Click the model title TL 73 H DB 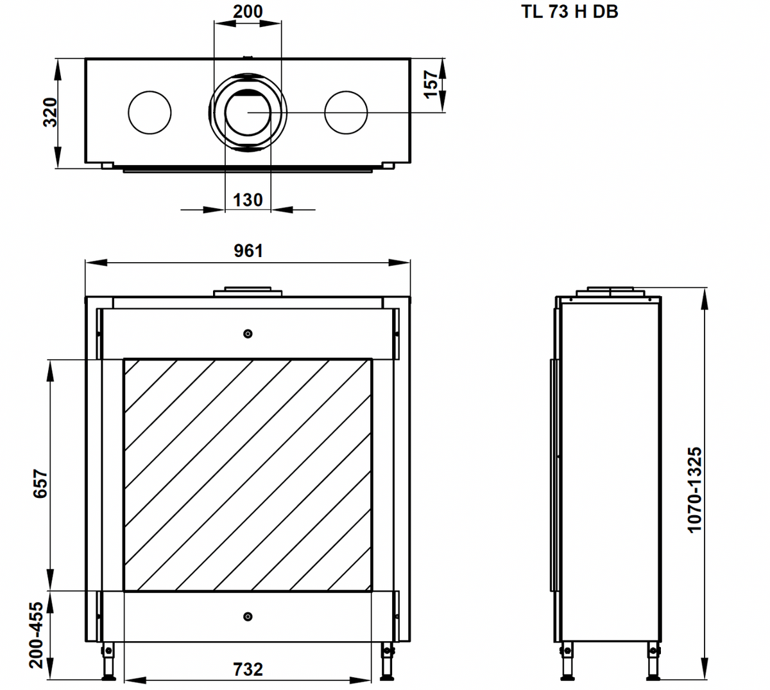[x=569, y=12]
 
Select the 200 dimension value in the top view [x=248, y=12]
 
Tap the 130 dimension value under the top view [x=248, y=200]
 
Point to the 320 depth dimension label [x=50, y=112]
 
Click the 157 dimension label [x=431, y=85]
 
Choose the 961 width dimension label [x=248, y=251]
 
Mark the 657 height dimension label [x=40, y=484]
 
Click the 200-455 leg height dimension [x=36, y=635]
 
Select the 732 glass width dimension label [x=248, y=669]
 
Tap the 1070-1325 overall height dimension [x=695, y=490]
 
